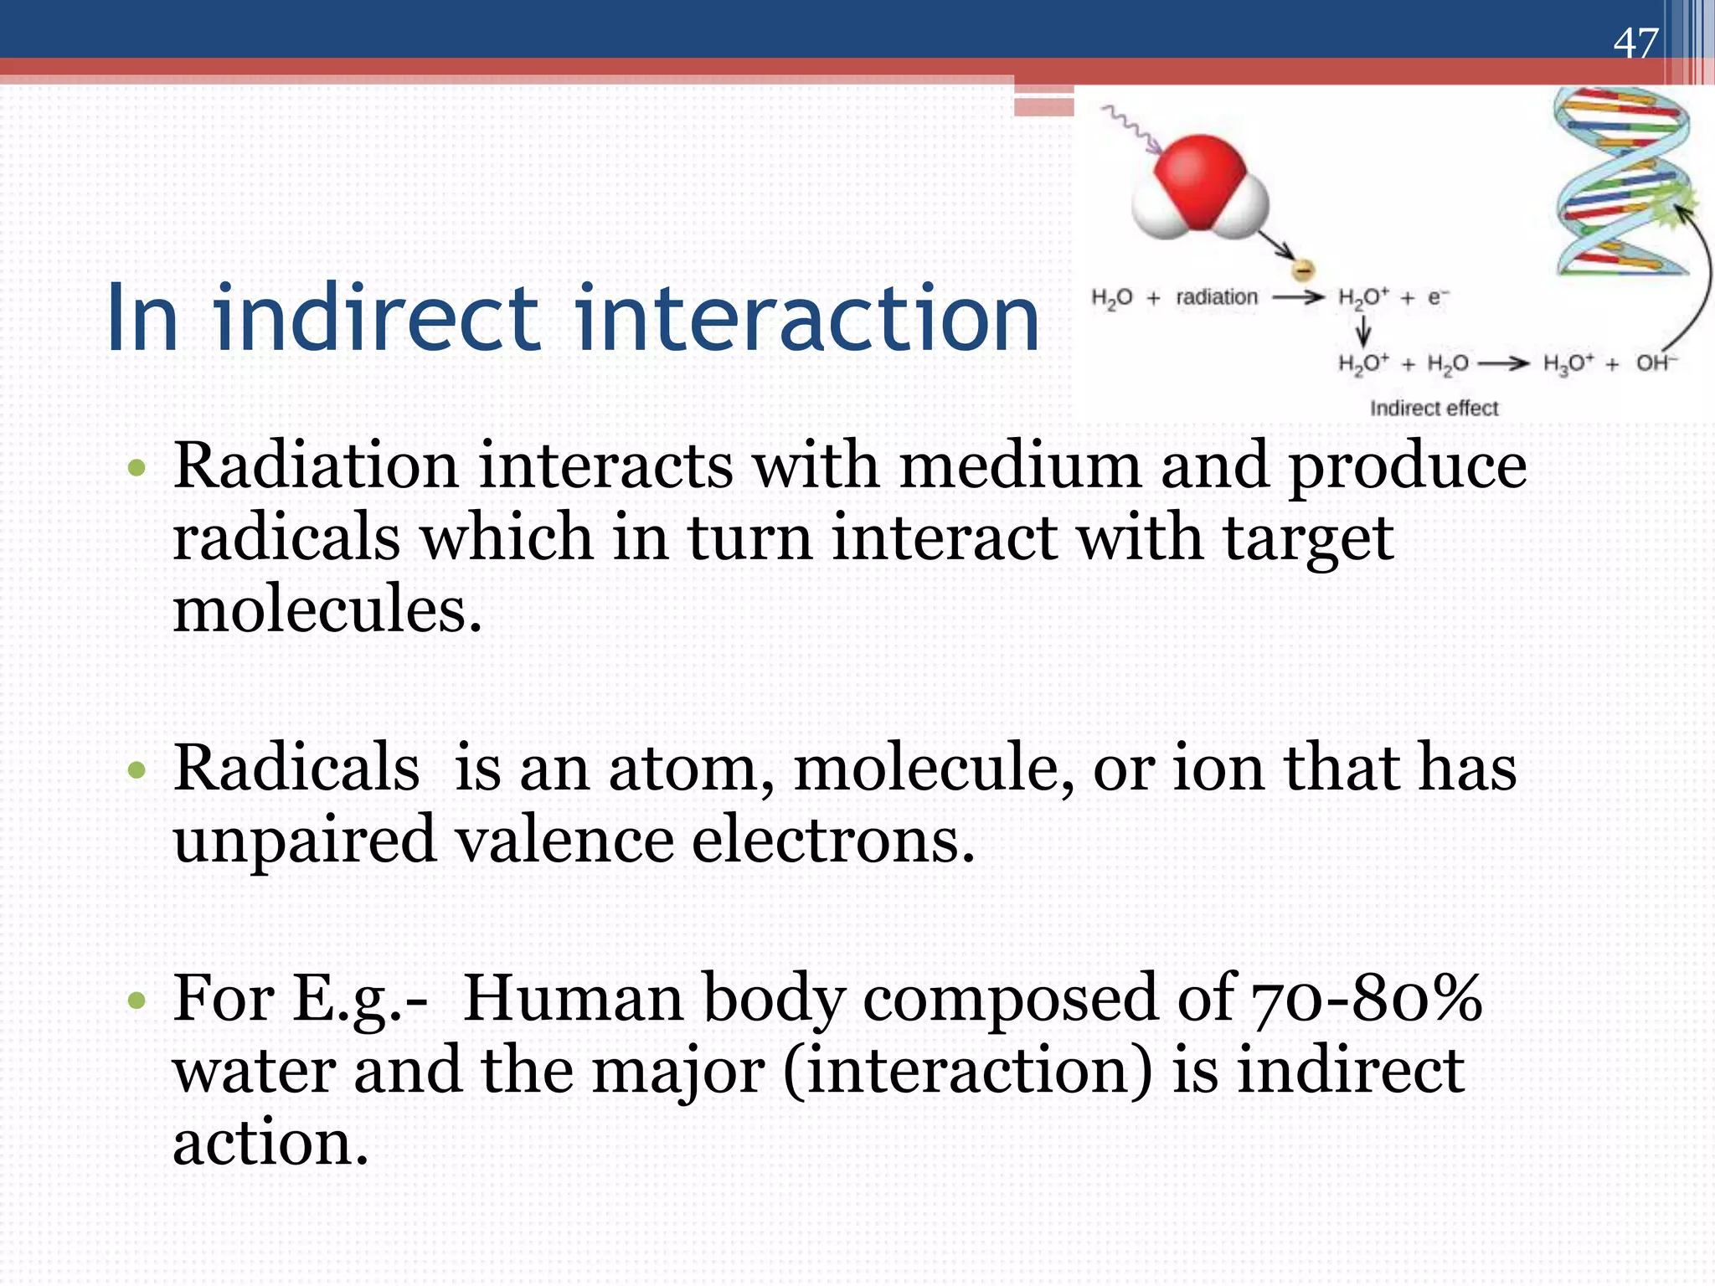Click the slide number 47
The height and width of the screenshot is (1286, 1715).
coord(1635,43)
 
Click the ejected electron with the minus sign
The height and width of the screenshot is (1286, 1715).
coord(1303,270)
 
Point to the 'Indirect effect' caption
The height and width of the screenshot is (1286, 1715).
coord(1433,409)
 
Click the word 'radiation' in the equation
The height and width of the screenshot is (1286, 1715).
coord(1216,297)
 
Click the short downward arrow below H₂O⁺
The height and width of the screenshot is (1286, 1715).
coord(1363,332)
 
